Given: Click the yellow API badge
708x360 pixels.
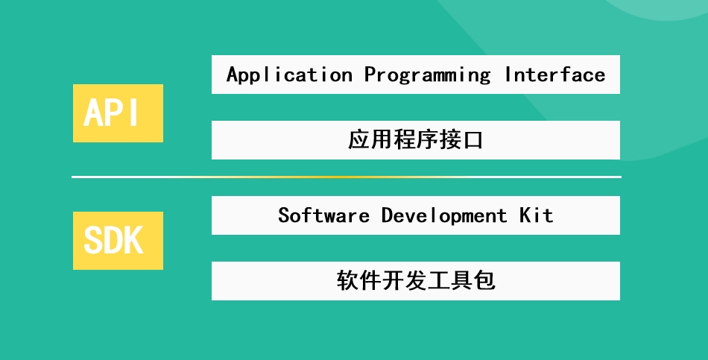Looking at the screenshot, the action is point(118,113).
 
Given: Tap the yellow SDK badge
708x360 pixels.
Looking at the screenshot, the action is point(118,241).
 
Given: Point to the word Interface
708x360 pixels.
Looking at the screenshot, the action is point(555,75).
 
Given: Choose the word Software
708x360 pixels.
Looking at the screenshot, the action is point(323,215).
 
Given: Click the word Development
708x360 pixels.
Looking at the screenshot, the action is point(444,215).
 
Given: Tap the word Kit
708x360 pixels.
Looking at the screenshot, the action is point(537,215).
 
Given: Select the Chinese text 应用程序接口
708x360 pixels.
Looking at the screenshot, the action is point(415,140).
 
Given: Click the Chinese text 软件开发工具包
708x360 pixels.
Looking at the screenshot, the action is point(416,280).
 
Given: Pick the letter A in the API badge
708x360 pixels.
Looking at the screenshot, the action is point(93,113).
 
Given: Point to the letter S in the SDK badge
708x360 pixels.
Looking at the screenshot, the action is point(93,240).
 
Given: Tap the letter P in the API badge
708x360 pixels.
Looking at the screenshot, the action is point(116,113).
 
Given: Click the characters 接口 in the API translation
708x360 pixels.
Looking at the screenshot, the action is point(461,140).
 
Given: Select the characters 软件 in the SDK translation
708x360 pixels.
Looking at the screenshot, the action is point(359,280).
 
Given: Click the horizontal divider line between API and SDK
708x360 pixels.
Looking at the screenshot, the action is point(347,177).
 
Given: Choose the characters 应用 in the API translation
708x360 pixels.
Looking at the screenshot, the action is point(370,140).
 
